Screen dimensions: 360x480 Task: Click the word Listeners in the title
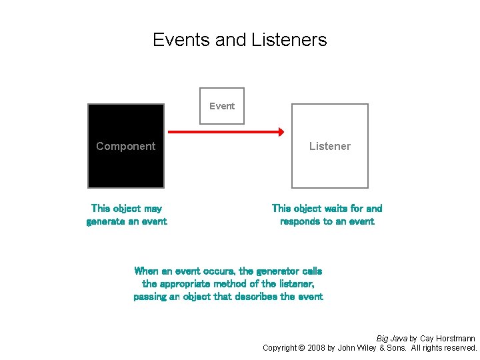pyautogui.click(x=289, y=40)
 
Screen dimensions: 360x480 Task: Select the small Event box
pyautogui.click(x=222, y=106)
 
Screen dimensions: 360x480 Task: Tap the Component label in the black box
pyautogui.click(x=125, y=146)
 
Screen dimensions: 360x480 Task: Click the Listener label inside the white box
pyautogui.click(x=329, y=146)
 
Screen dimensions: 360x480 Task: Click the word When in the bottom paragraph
pyautogui.click(x=146, y=271)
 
